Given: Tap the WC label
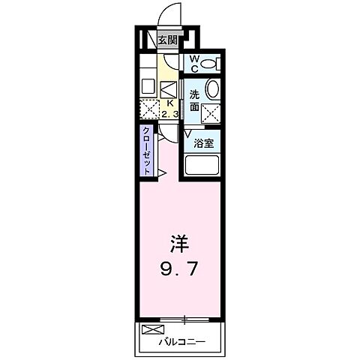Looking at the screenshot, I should click(x=193, y=64).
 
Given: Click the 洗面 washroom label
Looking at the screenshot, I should click(x=194, y=100).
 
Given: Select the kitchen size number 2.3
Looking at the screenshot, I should click(x=169, y=114).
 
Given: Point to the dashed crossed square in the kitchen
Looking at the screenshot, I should click(x=150, y=109).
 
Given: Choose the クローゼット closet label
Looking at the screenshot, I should click(x=148, y=150).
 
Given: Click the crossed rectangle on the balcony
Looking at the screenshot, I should click(x=151, y=328).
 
